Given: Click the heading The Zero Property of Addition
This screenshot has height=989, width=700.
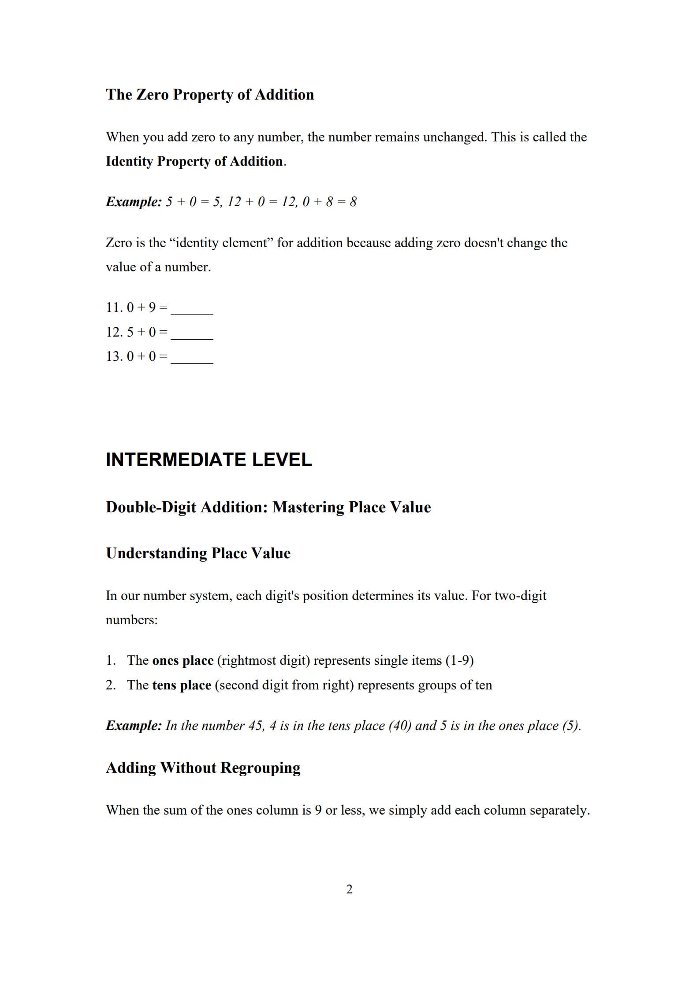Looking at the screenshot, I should point(210,95).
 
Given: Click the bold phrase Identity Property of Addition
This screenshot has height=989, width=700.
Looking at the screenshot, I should point(194,161).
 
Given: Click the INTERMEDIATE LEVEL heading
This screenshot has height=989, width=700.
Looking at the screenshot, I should point(209,459).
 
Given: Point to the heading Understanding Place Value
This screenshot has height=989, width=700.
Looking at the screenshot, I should point(198,553).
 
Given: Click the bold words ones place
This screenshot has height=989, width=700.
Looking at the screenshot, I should point(182,660).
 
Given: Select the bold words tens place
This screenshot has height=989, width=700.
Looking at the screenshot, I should point(182,685).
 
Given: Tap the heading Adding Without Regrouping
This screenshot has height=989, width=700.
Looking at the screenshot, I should point(203,767).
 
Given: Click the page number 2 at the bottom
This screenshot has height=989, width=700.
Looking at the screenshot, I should point(350,889).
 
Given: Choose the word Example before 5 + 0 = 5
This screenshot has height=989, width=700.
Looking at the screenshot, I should point(134,202).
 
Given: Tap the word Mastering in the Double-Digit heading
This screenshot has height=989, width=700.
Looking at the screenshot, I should point(308,507).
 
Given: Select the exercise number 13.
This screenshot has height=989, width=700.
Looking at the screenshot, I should point(114,356).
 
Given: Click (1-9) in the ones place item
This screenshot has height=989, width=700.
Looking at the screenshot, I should point(459,660).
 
